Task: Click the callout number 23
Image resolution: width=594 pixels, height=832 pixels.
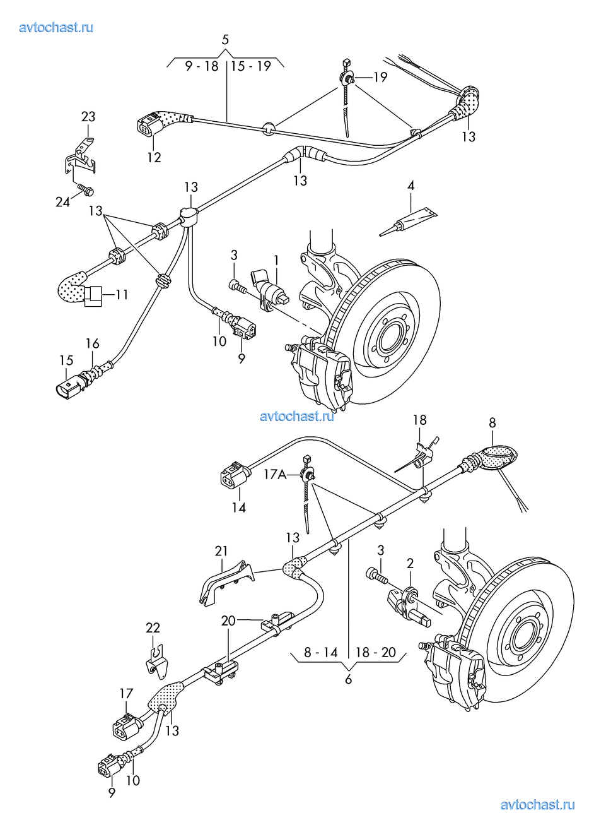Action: [88, 116]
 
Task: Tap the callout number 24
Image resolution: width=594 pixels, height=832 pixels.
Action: [63, 202]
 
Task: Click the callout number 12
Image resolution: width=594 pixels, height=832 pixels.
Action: [154, 157]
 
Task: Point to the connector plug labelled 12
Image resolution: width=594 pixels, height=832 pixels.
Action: [146, 126]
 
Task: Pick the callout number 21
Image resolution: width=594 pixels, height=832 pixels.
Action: [221, 551]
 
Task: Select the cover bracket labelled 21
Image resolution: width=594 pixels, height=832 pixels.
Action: [224, 581]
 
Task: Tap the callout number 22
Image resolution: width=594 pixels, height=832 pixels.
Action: [153, 627]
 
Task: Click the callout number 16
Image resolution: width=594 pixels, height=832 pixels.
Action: [93, 343]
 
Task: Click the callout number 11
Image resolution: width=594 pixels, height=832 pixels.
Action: [122, 294]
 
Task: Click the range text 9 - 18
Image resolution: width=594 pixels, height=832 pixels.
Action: [202, 66]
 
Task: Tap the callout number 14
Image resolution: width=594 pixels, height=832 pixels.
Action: [238, 507]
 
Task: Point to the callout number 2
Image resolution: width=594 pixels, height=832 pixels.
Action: [410, 563]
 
